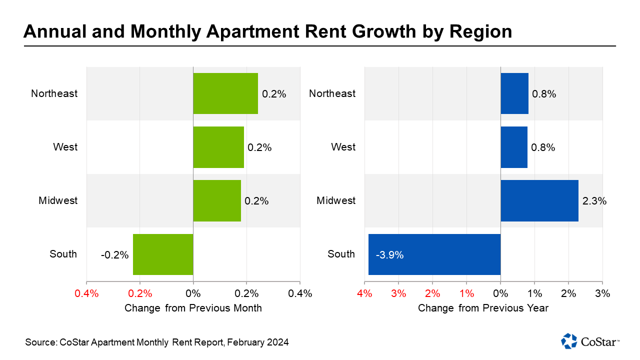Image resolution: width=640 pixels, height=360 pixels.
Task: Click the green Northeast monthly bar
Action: [225, 93]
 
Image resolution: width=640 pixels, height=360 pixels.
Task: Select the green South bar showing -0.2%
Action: [163, 254]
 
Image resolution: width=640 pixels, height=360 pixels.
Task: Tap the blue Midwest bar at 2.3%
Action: [539, 201]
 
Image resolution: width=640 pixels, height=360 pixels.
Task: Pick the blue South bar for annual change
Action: [434, 254]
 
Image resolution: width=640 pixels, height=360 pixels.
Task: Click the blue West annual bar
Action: [514, 147]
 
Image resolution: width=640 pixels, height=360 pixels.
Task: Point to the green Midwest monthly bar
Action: [217, 201]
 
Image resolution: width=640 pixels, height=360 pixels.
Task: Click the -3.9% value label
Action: [389, 255]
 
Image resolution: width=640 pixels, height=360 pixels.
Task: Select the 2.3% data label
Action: [594, 201]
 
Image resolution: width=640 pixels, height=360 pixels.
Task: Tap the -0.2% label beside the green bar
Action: [114, 255]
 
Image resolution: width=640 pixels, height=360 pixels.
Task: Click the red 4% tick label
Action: [364, 293]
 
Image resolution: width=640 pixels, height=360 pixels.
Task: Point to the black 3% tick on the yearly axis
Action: [602, 293]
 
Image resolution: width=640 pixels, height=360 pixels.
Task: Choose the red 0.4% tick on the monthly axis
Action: [86, 293]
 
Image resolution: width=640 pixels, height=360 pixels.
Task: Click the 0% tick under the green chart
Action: [193, 293]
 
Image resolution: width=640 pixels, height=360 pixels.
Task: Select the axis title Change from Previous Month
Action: [193, 308]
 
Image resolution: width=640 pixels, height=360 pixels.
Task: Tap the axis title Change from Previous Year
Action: [483, 308]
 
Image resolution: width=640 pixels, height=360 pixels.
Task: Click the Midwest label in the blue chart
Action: [336, 201]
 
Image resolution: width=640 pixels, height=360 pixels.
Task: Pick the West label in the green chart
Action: [65, 147]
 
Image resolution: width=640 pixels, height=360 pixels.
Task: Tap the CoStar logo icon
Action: [569, 341]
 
